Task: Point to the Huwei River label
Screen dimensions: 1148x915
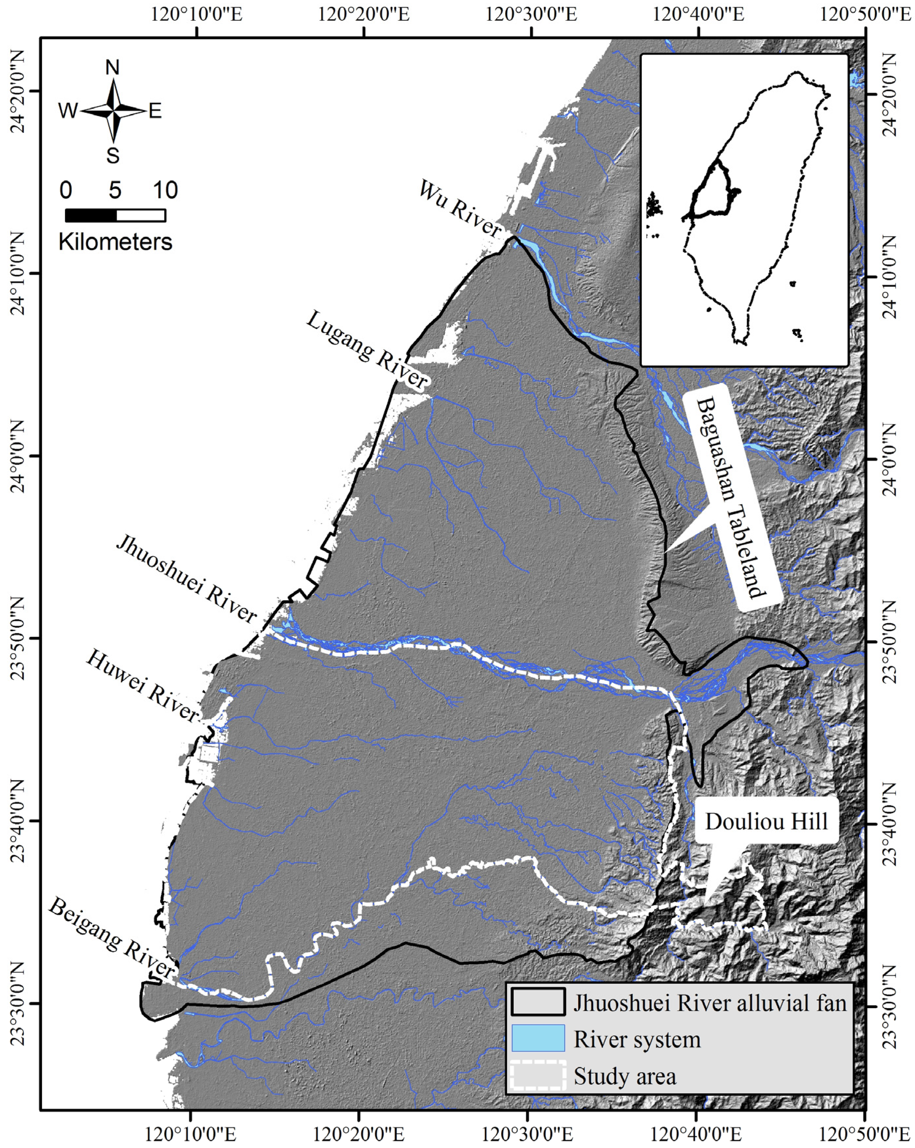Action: click(143, 685)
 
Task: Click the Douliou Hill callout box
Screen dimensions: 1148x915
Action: click(766, 821)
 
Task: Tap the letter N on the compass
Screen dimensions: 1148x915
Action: click(112, 68)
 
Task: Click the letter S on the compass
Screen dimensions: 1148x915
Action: click(112, 156)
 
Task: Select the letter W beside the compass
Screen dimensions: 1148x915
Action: click(68, 111)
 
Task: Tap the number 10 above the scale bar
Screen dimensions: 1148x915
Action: click(165, 190)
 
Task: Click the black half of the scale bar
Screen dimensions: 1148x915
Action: click(90, 215)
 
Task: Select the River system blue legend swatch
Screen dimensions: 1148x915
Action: click(538, 1038)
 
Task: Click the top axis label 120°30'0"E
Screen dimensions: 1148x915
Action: click(531, 14)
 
